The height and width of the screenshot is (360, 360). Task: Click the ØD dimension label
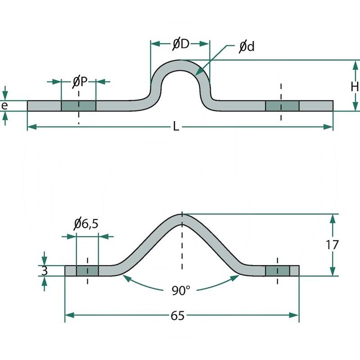tap(180, 44)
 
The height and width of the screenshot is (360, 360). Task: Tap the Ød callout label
tap(246, 46)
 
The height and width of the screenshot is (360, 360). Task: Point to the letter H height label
tap(355, 85)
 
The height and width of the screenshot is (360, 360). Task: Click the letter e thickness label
tap(5, 106)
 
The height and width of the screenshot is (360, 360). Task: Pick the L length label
tap(176, 127)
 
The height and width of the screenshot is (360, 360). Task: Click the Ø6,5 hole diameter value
tap(86, 224)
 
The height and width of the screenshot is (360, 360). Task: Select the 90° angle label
tap(180, 290)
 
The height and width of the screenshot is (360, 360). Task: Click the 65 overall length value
tap(178, 315)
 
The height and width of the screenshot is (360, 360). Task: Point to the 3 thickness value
tap(44, 271)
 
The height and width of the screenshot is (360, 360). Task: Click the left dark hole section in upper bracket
tap(79, 106)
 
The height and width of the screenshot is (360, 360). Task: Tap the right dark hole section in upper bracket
tap(282, 106)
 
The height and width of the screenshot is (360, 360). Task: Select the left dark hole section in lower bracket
tap(87, 271)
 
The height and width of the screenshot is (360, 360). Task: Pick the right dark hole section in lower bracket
tap(277, 271)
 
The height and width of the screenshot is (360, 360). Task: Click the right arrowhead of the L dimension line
tap(329, 127)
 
